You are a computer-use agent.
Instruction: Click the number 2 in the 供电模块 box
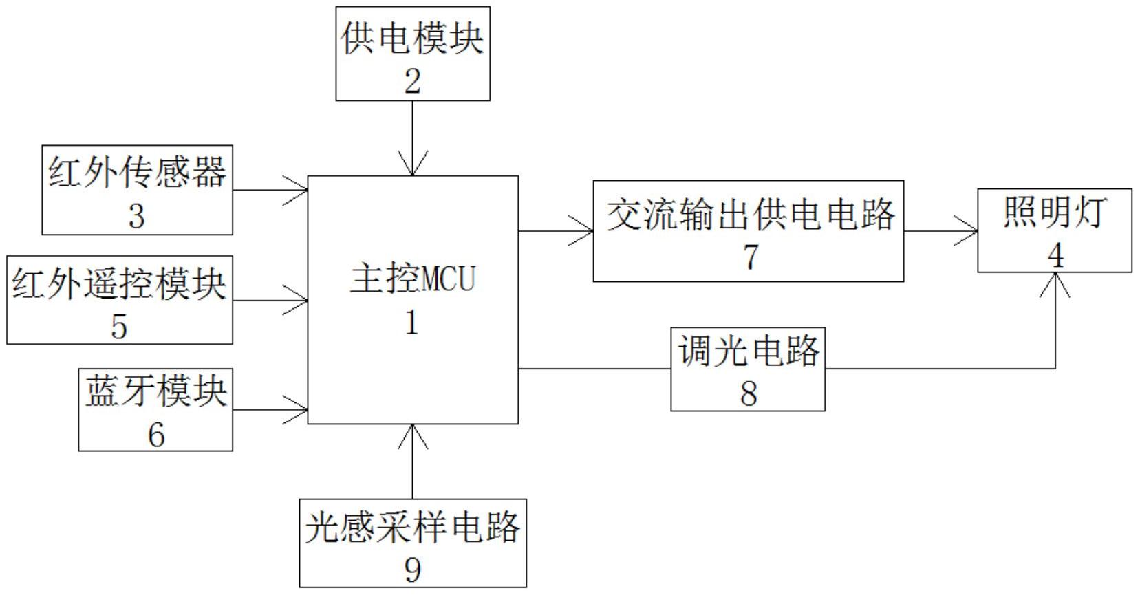[x=412, y=82]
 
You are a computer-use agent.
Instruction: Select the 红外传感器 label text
[x=137, y=171]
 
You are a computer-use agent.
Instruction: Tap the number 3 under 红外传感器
[x=136, y=216]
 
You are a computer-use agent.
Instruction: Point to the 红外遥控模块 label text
[x=119, y=283]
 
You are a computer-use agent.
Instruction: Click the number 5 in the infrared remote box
[x=119, y=326]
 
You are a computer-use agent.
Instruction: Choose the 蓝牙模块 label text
[x=155, y=391]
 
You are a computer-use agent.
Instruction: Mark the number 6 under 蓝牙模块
[x=156, y=435]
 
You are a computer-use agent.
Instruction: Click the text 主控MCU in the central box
[x=412, y=280]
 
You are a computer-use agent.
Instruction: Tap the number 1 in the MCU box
[x=411, y=323]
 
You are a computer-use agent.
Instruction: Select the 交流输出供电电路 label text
[x=750, y=215]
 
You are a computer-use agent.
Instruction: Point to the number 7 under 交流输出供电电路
[x=750, y=257]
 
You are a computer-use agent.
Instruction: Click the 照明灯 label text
[x=1054, y=212]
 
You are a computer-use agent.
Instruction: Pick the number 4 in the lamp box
[x=1055, y=255]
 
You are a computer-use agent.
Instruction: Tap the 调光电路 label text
[x=749, y=351]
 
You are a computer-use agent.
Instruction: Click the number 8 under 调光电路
[x=749, y=393]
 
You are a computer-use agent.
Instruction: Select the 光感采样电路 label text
[x=413, y=528]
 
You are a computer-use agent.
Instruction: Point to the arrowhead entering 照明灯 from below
[x=1055, y=283]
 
